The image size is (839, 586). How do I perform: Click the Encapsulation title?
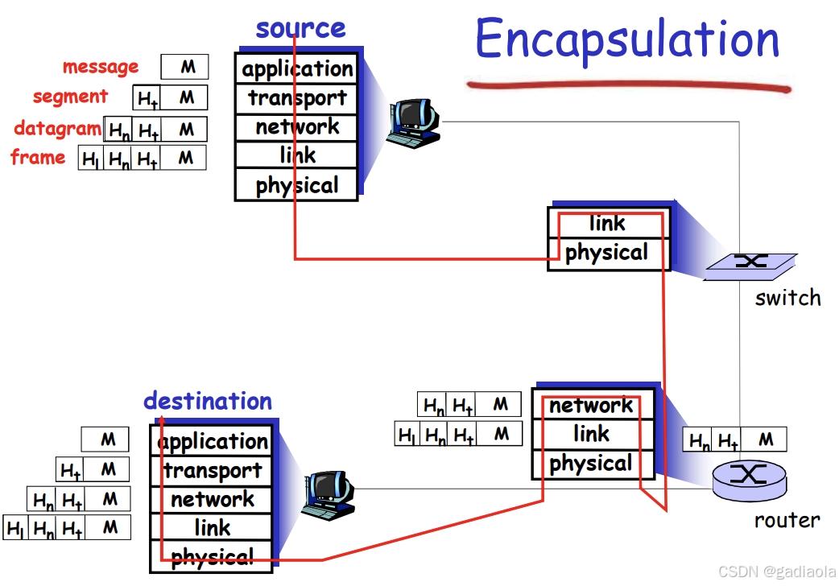[x=627, y=40]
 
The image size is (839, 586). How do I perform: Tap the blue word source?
[x=300, y=28]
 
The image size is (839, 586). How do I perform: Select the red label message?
[x=101, y=67]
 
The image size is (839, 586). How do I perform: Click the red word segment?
[x=70, y=97]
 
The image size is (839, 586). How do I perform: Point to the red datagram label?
[x=57, y=128]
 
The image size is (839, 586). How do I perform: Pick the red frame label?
[x=39, y=157]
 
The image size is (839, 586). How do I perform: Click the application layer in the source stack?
[x=297, y=69]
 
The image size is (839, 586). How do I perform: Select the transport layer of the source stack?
[x=297, y=98]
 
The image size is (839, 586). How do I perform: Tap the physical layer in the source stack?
[x=297, y=186]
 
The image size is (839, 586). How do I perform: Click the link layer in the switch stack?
[x=608, y=223]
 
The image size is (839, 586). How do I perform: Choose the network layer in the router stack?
[x=592, y=406]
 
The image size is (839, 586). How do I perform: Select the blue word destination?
[x=208, y=401]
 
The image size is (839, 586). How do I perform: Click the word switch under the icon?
[x=787, y=298]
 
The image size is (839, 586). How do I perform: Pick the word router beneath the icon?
[x=787, y=520]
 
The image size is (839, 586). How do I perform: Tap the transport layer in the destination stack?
[x=213, y=471]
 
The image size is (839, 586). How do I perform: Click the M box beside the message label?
[x=185, y=67]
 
